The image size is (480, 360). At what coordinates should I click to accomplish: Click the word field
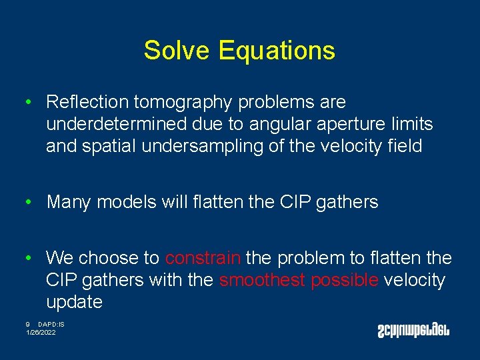pos(404,146)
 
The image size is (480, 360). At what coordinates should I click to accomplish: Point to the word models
pos(127,202)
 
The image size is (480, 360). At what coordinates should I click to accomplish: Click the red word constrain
pos(203,258)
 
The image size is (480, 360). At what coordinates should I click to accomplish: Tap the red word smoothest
pos(263,280)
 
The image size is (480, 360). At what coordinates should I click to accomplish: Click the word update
pos(74,303)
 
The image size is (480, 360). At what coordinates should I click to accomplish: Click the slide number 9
pos(28,324)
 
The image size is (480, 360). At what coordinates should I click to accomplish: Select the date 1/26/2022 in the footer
pos(41,332)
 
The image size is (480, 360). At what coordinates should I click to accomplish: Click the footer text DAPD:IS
pos(51,324)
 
